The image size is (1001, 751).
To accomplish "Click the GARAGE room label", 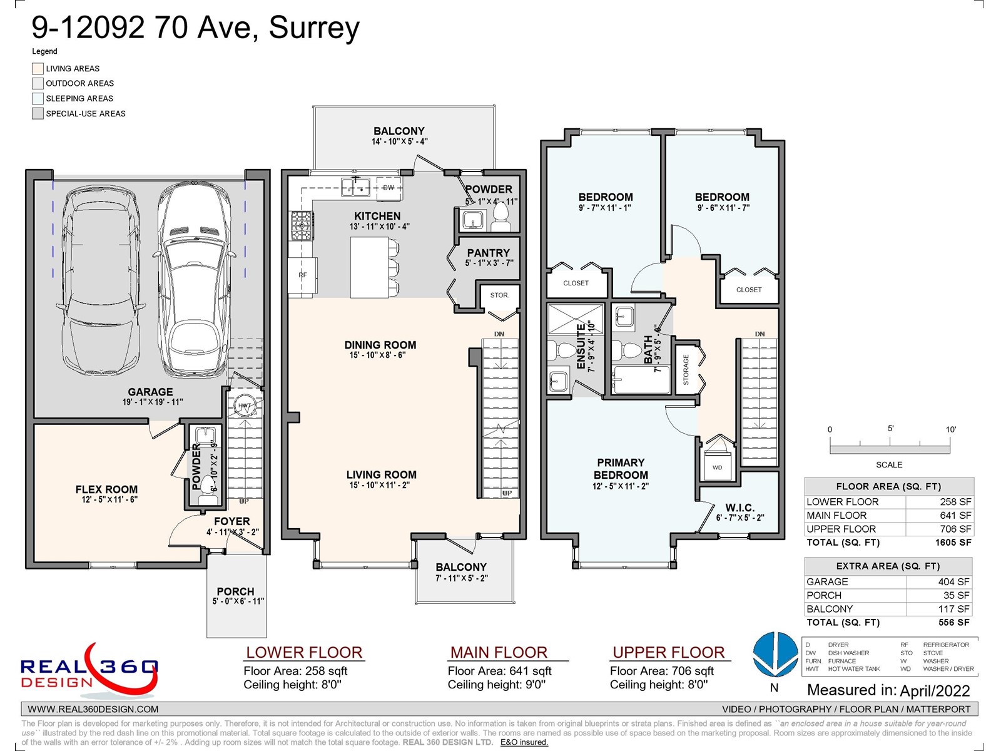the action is click(150, 392).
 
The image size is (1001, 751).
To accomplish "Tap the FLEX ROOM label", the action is click(106, 489).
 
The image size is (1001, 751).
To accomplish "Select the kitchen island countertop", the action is click(369, 267).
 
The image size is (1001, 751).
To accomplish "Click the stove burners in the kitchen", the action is click(302, 225).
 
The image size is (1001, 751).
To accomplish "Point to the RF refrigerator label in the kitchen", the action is click(303, 275).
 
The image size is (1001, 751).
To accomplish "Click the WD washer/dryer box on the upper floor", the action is click(718, 466).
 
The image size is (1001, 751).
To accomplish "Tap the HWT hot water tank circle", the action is click(245, 406).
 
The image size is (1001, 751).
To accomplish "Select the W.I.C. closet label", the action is click(739, 508).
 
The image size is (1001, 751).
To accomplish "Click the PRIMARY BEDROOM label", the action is click(621, 469).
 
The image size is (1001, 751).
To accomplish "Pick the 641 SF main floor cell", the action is click(940, 515).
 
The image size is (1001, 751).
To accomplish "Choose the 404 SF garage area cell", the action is click(940, 582).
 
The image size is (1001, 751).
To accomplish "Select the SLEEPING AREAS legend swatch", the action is click(38, 98).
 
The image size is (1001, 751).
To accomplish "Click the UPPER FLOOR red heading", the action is click(669, 653).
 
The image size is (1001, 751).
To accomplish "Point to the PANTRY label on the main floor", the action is click(488, 253).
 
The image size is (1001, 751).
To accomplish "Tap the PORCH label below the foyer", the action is click(235, 591).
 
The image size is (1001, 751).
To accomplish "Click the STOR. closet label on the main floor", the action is click(499, 295).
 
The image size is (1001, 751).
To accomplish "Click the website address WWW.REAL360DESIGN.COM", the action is click(93, 710).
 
